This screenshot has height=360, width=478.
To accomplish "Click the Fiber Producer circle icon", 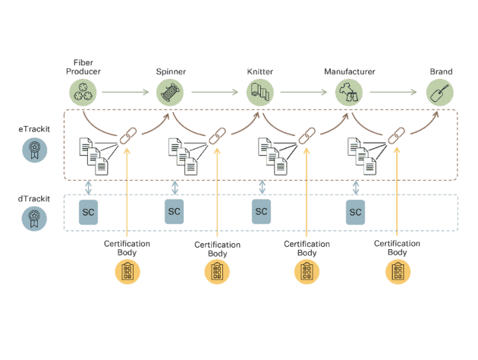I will pyautogui.click(x=83, y=93).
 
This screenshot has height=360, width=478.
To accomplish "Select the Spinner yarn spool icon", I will pyautogui.click(x=170, y=93).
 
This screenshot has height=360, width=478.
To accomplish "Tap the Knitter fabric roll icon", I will pyautogui.click(x=259, y=93).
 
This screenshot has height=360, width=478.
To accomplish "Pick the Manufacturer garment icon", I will pyautogui.click(x=348, y=93).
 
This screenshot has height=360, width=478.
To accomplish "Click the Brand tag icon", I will pyautogui.click(x=439, y=93).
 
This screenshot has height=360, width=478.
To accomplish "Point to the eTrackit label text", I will pyautogui.click(x=32, y=130).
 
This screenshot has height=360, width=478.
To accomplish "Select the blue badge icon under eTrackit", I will pyautogui.click(x=33, y=150).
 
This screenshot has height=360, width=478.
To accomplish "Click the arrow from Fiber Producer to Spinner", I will pyautogui.click(x=126, y=93).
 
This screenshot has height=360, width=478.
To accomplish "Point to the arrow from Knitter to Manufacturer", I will pyautogui.click(x=303, y=93).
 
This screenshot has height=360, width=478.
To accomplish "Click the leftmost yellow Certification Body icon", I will pyautogui.click(x=127, y=271).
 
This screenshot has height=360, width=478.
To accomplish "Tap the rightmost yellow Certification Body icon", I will pyautogui.click(x=398, y=271).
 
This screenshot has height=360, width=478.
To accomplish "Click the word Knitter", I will pyautogui.click(x=259, y=72).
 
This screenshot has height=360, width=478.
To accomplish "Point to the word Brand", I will pyautogui.click(x=441, y=72).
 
